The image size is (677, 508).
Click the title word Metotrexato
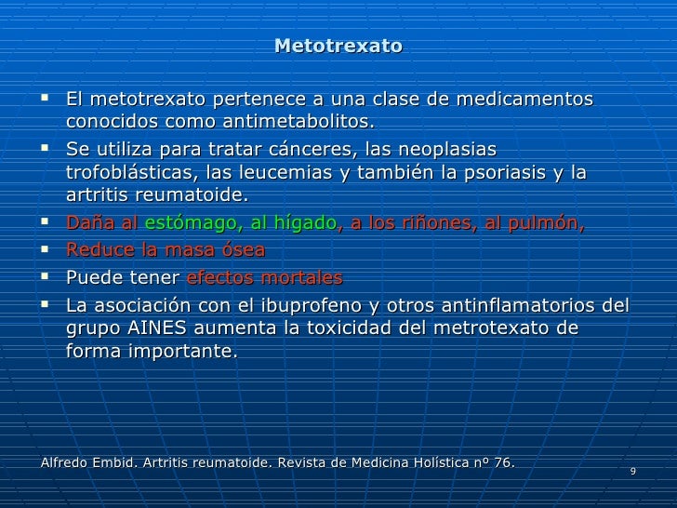tap(338, 46)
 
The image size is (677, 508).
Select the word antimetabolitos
tap(304, 123)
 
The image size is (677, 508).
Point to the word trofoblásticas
tap(125, 172)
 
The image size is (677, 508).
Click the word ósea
tap(241, 249)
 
